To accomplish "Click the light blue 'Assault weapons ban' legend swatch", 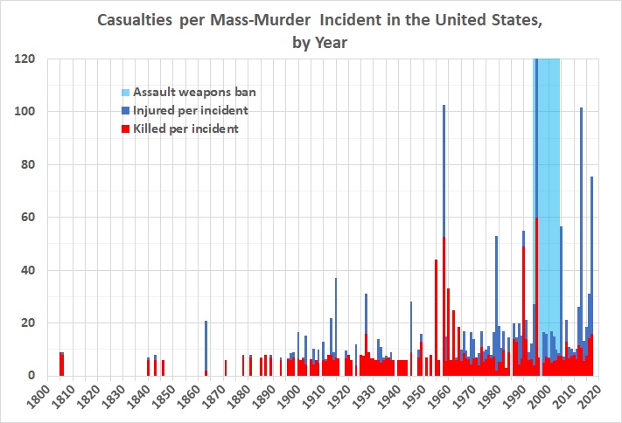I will (125, 91).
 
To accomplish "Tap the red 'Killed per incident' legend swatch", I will (125, 128).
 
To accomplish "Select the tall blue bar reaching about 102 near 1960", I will (444, 175).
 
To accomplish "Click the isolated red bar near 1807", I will (61, 364).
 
